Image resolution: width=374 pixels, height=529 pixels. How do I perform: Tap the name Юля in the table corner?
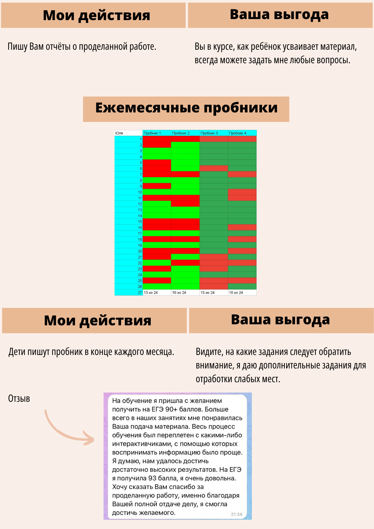point(119,133)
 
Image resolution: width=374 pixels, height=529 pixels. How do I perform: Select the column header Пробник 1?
point(152,133)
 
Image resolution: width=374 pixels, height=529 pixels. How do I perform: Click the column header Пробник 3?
point(209,133)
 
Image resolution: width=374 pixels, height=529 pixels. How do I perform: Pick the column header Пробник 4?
point(238,133)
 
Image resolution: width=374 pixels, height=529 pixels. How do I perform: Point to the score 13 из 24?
point(151,293)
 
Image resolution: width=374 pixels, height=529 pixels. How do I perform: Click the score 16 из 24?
point(179,293)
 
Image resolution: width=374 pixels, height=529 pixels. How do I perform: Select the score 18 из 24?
point(236,293)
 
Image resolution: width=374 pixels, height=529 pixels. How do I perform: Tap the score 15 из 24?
point(208,293)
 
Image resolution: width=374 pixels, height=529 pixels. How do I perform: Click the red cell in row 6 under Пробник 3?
point(214,168)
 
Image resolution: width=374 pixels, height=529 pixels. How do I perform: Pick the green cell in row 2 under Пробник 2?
point(185,145)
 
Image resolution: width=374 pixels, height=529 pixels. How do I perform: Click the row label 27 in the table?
point(140,293)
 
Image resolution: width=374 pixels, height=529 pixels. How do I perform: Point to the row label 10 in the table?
point(140,192)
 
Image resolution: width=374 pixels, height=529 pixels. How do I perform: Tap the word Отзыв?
point(19,398)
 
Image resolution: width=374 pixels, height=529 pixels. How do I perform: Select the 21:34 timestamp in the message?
point(236,514)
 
